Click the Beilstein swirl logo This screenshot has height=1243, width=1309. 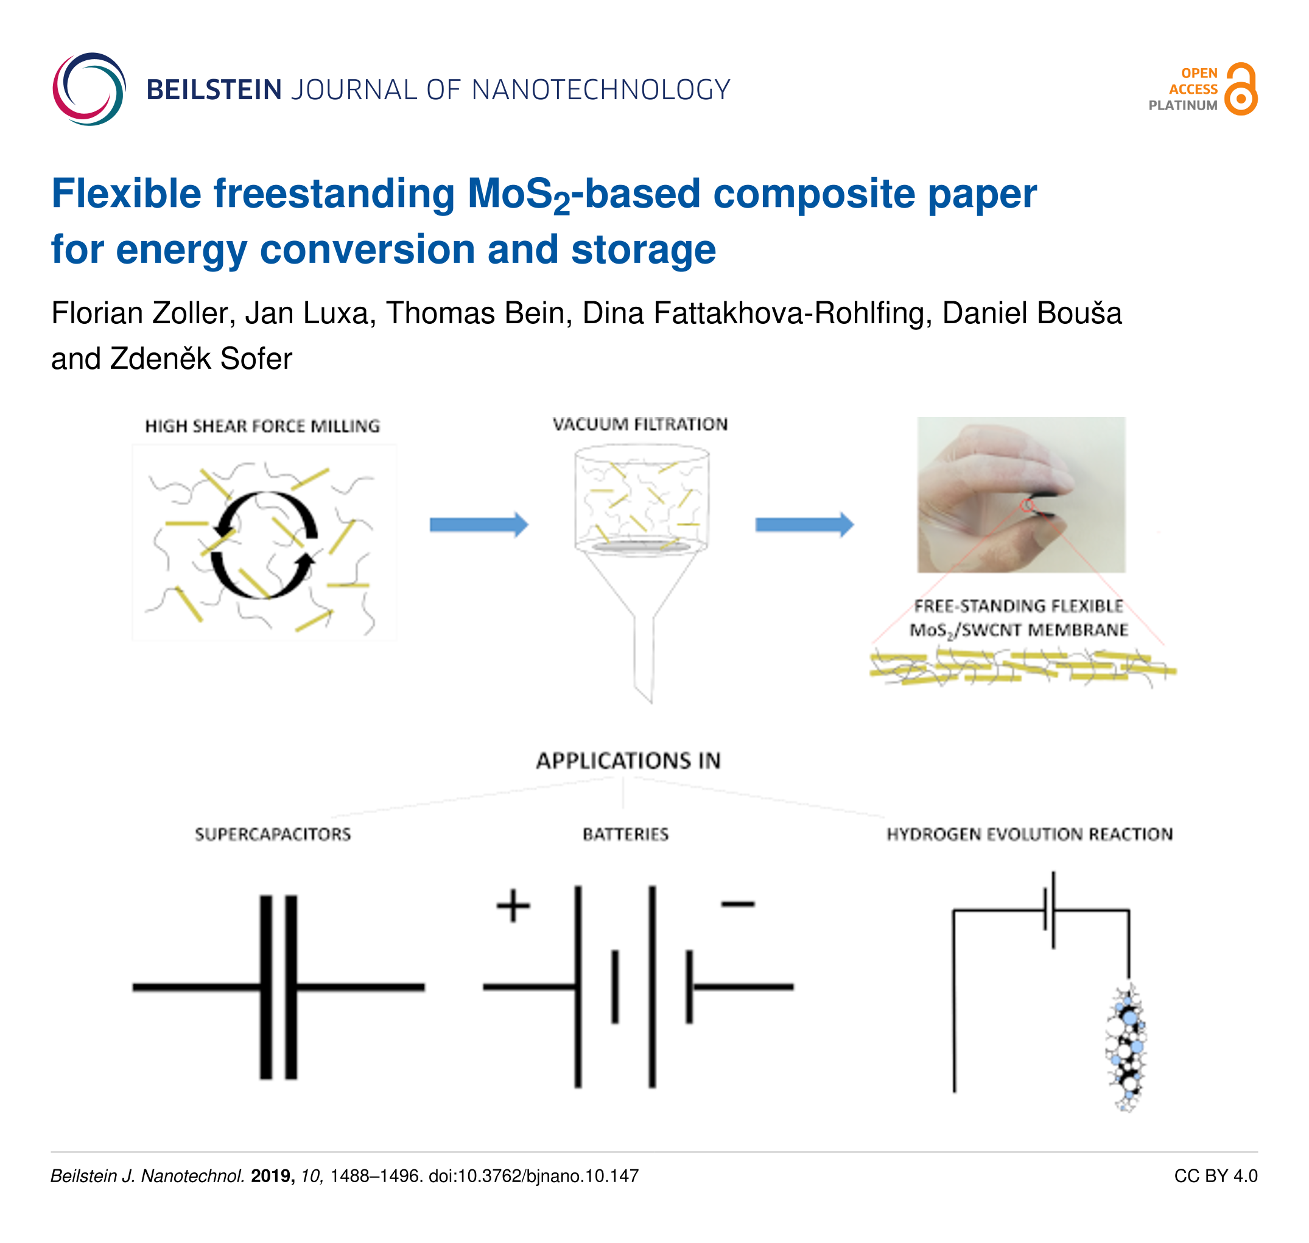[x=89, y=89]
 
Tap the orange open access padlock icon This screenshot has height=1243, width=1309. [x=1240, y=89]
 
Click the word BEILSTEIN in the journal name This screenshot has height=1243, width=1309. [x=214, y=90]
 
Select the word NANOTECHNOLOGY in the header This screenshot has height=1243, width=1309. [x=600, y=90]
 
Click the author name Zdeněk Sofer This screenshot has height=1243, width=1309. [x=201, y=359]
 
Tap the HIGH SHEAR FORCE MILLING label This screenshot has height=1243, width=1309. [x=262, y=426]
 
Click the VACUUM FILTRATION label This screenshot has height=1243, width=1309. [x=640, y=424]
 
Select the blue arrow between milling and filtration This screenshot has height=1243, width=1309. [x=479, y=525]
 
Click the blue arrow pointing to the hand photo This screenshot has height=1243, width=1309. [x=804, y=525]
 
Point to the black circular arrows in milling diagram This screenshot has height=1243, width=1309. [x=264, y=545]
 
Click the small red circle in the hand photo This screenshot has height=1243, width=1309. [x=1026, y=506]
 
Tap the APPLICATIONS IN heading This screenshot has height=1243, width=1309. [x=628, y=761]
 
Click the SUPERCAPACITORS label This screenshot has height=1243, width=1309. [x=272, y=834]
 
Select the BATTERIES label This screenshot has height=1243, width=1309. [x=626, y=834]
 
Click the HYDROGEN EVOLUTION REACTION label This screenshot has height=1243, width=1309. [x=1030, y=834]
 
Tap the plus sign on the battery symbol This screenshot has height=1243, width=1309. [x=513, y=906]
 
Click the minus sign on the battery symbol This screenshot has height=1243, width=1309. [x=737, y=904]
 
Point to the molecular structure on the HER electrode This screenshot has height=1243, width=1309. [x=1125, y=1048]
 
